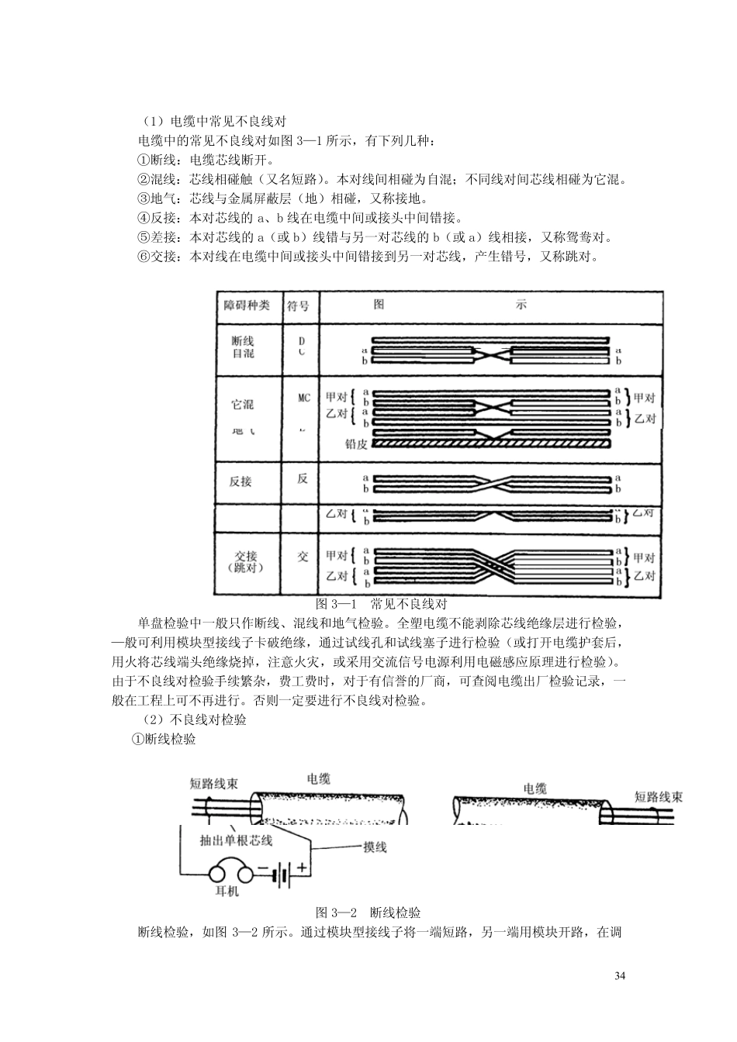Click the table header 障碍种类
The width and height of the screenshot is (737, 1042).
tap(246, 305)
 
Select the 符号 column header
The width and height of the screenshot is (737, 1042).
tap(298, 305)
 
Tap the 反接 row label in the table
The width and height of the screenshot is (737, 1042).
tap(241, 481)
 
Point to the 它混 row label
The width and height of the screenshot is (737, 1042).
tap(243, 404)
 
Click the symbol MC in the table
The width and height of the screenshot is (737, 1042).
tap(303, 398)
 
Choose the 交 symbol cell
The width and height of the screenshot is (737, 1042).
tap(303, 557)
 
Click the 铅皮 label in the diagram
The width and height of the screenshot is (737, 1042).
tap(356, 444)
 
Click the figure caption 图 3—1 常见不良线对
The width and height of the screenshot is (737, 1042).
tap(382, 604)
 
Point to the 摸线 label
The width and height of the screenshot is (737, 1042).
tap(375, 847)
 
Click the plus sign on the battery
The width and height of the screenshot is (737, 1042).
tap(302, 869)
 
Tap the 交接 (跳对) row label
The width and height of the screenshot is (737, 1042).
tap(246, 561)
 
